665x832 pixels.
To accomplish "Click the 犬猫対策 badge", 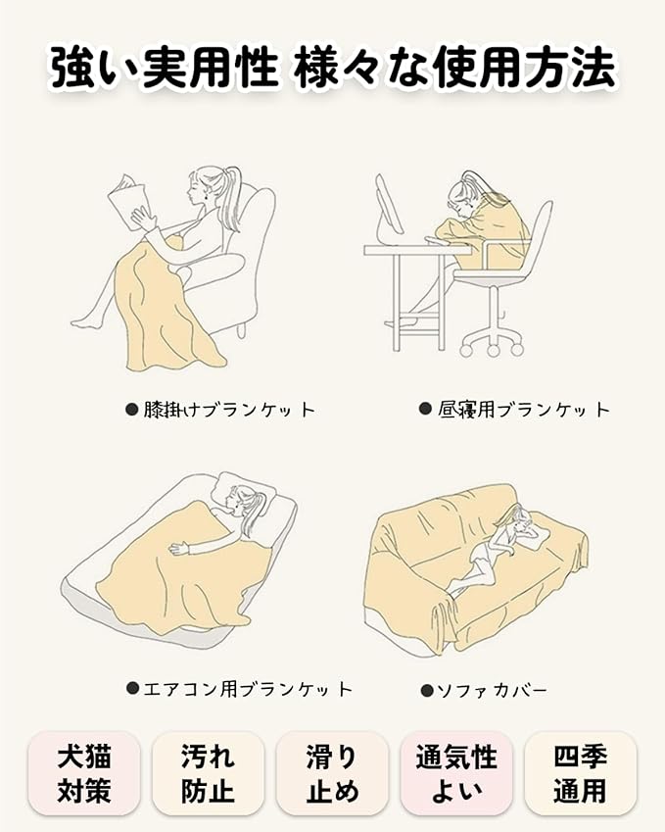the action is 84,774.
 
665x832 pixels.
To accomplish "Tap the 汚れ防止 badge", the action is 208,774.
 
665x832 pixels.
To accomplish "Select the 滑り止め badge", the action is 332,774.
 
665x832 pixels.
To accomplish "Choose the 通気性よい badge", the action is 456,774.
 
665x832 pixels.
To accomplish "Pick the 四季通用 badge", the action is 580,774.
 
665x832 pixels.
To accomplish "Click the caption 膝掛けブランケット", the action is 229,410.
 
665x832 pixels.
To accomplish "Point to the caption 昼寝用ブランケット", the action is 524,409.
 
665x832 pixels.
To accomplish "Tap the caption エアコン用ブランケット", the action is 248,689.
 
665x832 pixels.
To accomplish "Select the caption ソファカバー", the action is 491,690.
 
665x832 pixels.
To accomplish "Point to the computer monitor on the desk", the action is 389,207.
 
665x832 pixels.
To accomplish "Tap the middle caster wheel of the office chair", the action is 494,350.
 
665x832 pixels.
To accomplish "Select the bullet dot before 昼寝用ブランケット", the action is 425,409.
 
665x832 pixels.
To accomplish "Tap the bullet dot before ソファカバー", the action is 426,690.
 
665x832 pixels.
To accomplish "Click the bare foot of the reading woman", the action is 84,320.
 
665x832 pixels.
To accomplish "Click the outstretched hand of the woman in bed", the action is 177,549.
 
